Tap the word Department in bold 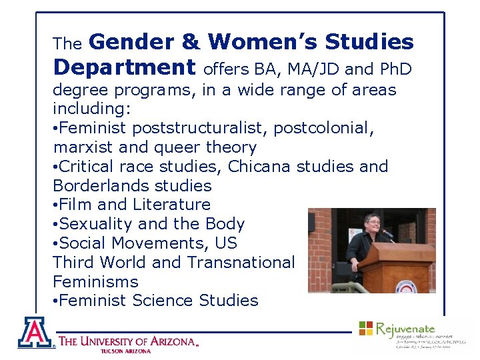click(124, 67)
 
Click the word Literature click(172, 205)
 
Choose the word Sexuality click(96, 224)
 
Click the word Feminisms click(95, 282)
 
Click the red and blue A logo click(35, 332)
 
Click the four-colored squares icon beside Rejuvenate click(366, 328)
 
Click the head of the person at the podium click(371, 221)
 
